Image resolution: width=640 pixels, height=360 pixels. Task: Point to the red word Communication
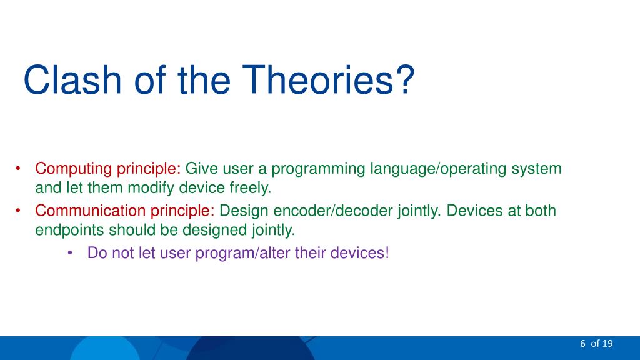[90, 211]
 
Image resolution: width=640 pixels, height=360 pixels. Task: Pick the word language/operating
[438, 169]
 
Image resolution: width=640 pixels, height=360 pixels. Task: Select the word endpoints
[69, 230]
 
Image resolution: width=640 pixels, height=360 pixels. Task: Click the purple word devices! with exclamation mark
[359, 253]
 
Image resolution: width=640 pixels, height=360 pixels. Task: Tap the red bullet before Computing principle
[18, 168]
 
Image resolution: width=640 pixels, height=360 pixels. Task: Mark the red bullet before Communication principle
[18, 211]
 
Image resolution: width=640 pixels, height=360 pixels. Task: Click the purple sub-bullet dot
[70, 253]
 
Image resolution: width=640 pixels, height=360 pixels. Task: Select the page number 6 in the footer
[582, 344]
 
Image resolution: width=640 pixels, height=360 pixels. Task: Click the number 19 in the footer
[607, 344]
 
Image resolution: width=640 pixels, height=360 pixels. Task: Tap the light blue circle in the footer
[105, 349]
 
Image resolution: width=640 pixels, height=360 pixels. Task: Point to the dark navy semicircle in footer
[250, 349]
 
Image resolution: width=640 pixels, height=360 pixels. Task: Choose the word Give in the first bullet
[202, 169]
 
